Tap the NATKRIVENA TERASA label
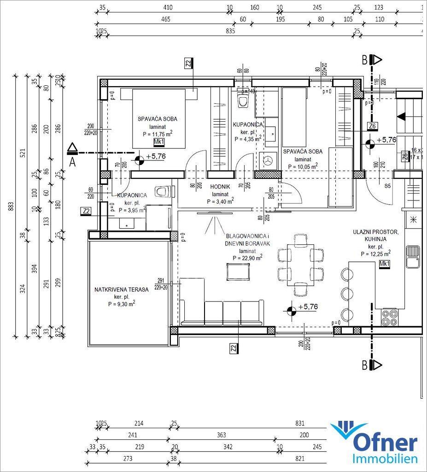[x=121, y=289]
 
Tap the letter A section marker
[x=72, y=162]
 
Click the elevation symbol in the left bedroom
[x=138, y=160]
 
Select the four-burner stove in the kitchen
[x=390, y=318]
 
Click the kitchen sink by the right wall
[x=413, y=256]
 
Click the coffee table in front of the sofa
[x=238, y=271]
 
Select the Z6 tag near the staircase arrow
[x=372, y=126]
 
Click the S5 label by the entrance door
[x=388, y=186]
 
